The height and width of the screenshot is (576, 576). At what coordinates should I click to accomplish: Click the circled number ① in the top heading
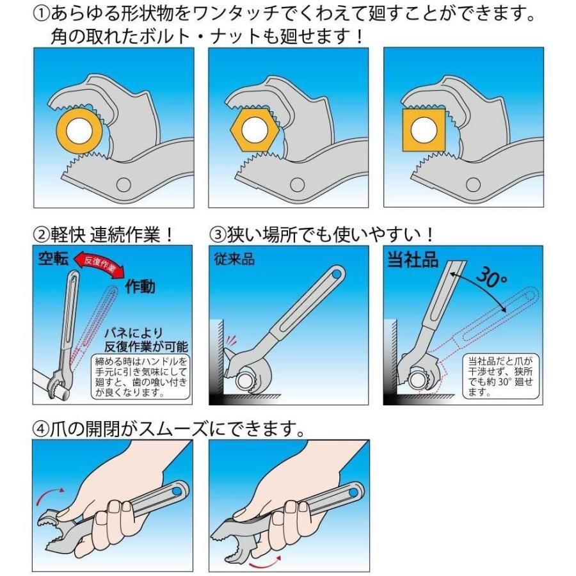pyautogui.click(x=41, y=14)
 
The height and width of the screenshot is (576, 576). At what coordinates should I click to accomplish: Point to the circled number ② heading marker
pyautogui.click(x=41, y=234)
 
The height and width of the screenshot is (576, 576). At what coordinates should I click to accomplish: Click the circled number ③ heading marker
pyautogui.click(x=218, y=234)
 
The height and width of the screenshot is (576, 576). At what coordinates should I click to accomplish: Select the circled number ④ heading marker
pyautogui.click(x=40, y=429)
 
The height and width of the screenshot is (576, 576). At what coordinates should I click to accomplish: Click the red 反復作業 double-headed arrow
pyautogui.click(x=99, y=264)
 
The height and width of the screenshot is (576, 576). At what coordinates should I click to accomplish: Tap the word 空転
pyautogui.click(x=54, y=259)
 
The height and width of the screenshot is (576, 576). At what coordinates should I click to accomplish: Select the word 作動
pyautogui.click(x=140, y=286)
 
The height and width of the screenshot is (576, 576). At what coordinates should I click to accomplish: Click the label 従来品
pyautogui.click(x=234, y=259)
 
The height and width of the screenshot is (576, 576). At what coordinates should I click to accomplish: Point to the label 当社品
pyautogui.click(x=413, y=259)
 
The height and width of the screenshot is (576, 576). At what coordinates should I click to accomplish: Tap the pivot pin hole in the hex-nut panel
pyautogui.click(x=297, y=184)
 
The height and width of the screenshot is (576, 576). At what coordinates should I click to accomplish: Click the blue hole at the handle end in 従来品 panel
pyautogui.click(x=336, y=275)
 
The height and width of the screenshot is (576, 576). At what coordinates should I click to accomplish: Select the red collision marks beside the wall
pyautogui.click(x=230, y=339)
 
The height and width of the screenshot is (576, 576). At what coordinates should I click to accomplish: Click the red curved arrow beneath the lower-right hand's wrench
pyautogui.click(x=264, y=561)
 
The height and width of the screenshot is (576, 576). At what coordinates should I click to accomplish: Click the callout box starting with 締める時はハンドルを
pyautogui.click(x=141, y=376)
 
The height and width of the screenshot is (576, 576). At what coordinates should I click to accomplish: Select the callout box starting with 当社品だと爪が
pyautogui.click(x=500, y=376)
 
